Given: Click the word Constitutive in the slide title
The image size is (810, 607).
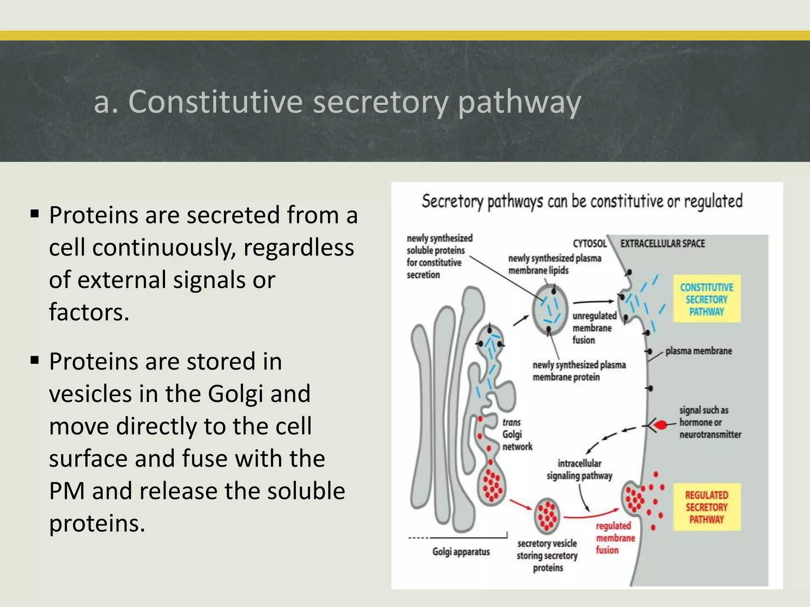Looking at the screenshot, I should (216, 102).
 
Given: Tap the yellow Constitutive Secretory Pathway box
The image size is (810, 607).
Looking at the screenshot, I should (706, 299).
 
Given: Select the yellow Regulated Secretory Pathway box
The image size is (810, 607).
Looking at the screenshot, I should (706, 507).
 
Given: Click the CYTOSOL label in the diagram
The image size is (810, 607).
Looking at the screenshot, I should (589, 243).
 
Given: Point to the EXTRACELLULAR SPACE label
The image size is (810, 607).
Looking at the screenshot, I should (662, 243).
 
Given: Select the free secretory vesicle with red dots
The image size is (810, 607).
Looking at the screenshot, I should (547, 516).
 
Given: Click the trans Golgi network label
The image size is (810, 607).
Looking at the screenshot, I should (516, 435).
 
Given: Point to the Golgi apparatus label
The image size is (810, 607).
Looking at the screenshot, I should (461, 552).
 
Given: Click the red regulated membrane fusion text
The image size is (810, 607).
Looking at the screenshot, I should (615, 538).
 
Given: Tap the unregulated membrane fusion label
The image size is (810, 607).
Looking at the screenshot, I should (594, 328).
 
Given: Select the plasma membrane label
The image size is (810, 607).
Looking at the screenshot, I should (698, 351).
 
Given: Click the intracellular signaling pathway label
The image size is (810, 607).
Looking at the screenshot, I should (579, 469).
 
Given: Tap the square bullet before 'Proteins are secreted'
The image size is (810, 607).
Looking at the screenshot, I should (35, 214).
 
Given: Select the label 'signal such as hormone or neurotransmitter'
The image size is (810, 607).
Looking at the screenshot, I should (710, 422).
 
